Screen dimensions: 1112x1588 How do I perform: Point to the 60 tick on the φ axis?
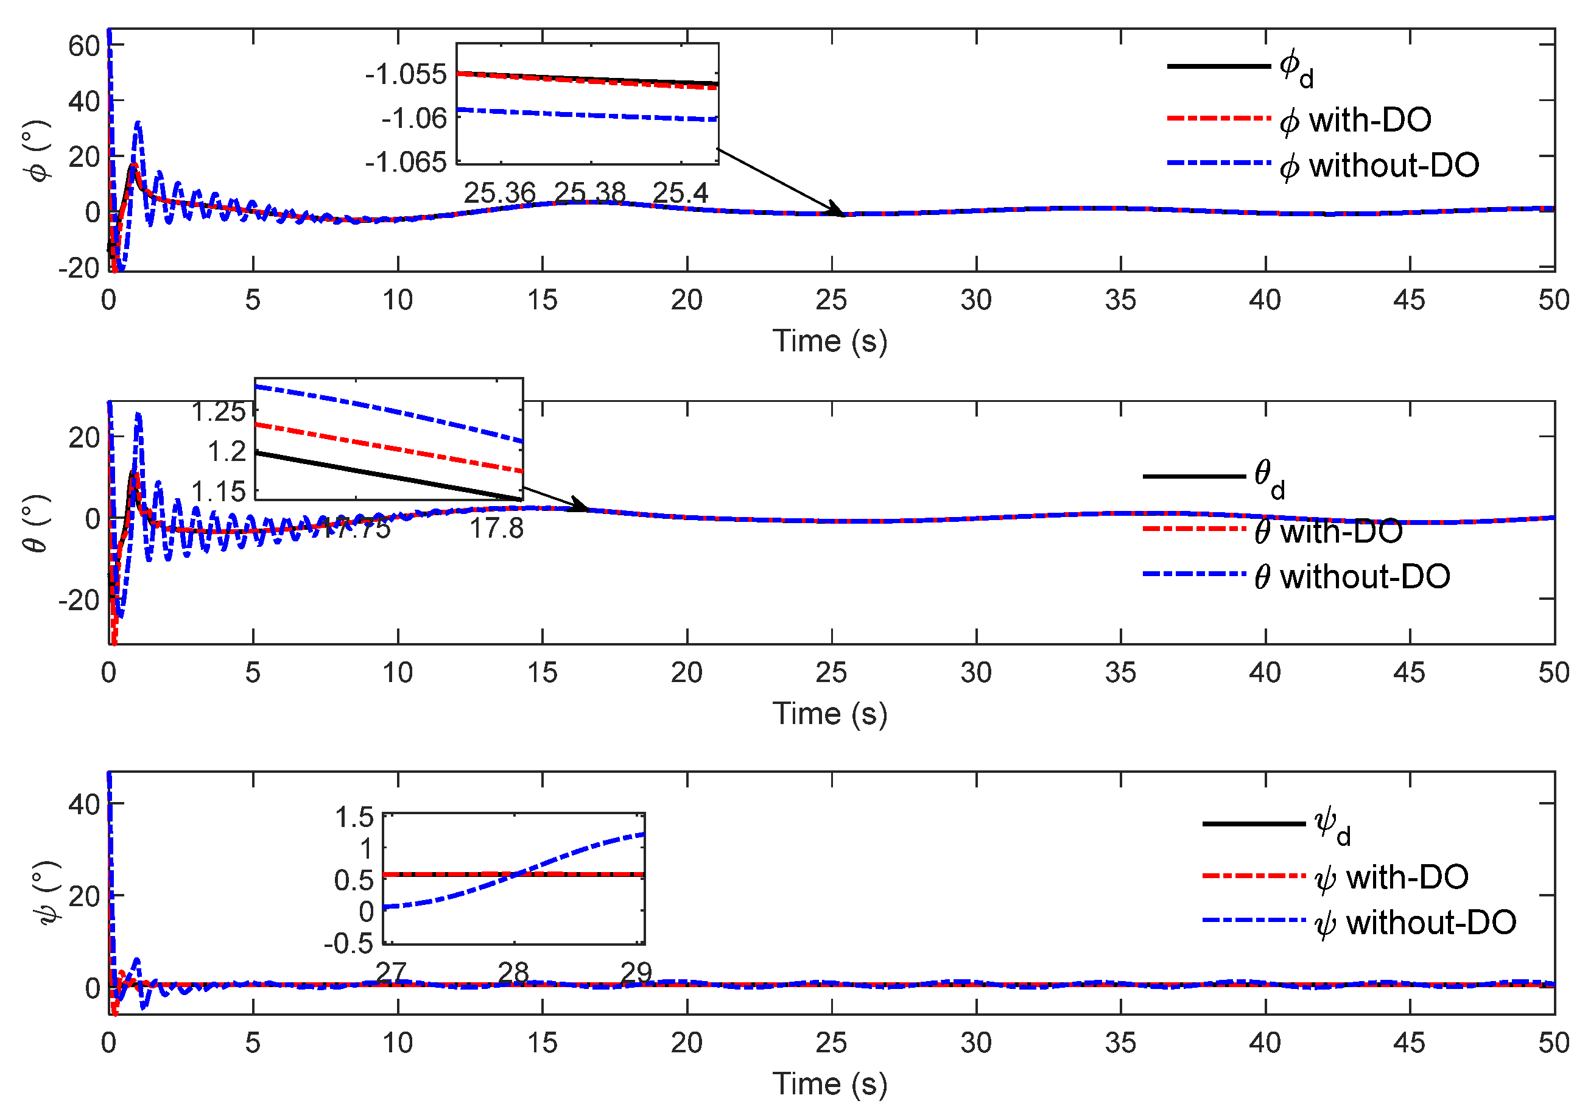click(x=83, y=46)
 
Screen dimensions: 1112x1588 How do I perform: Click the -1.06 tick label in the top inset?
click(x=413, y=118)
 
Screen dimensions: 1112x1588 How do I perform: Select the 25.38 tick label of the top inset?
click(x=589, y=193)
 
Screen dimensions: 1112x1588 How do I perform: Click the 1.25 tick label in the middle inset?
click(x=219, y=412)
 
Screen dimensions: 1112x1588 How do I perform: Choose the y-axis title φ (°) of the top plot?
click(x=40, y=151)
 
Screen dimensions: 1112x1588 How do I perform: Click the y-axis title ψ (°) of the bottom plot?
click(x=47, y=892)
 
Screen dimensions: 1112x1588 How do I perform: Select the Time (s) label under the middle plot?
click(x=829, y=714)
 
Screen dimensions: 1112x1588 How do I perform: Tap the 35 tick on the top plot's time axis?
click(x=1120, y=300)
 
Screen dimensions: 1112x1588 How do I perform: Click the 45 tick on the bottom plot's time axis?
click(x=1409, y=1043)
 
